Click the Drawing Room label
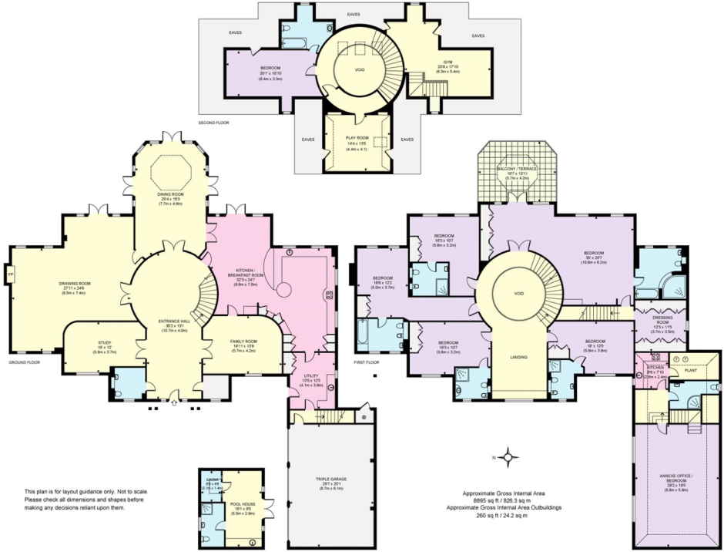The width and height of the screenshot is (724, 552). click(x=75, y=284)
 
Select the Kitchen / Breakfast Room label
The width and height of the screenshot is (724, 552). click(x=246, y=271)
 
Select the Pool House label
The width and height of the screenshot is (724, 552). click(x=243, y=504)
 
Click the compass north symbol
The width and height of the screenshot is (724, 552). click(x=508, y=458)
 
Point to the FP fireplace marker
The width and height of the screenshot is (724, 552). click(x=10, y=274)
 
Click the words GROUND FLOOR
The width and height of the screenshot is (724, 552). click(x=25, y=362)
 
